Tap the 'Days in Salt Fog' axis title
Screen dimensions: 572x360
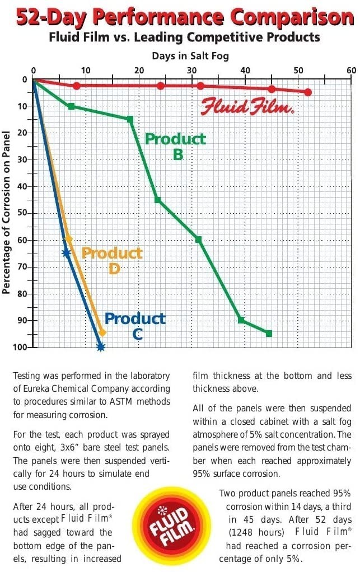click(190, 56)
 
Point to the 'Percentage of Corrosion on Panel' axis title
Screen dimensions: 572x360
click(7, 213)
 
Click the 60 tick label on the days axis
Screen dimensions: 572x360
click(350, 71)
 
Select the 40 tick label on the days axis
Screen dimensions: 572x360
click(245, 71)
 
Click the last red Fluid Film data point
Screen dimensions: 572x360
click(308, 92)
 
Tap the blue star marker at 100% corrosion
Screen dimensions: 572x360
click(101, 347)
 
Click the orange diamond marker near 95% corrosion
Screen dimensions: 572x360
click(102, 332)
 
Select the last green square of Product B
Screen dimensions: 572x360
click(269, 334)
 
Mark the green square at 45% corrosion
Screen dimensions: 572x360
click(157, 200)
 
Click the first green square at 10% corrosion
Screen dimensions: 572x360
click(71, 106)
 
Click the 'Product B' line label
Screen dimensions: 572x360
click(176, 146)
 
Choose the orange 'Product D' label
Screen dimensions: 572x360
click(113, 260)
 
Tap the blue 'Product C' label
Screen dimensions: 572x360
click(135, 326)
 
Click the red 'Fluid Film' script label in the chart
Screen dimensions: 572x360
click(247, 106)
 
